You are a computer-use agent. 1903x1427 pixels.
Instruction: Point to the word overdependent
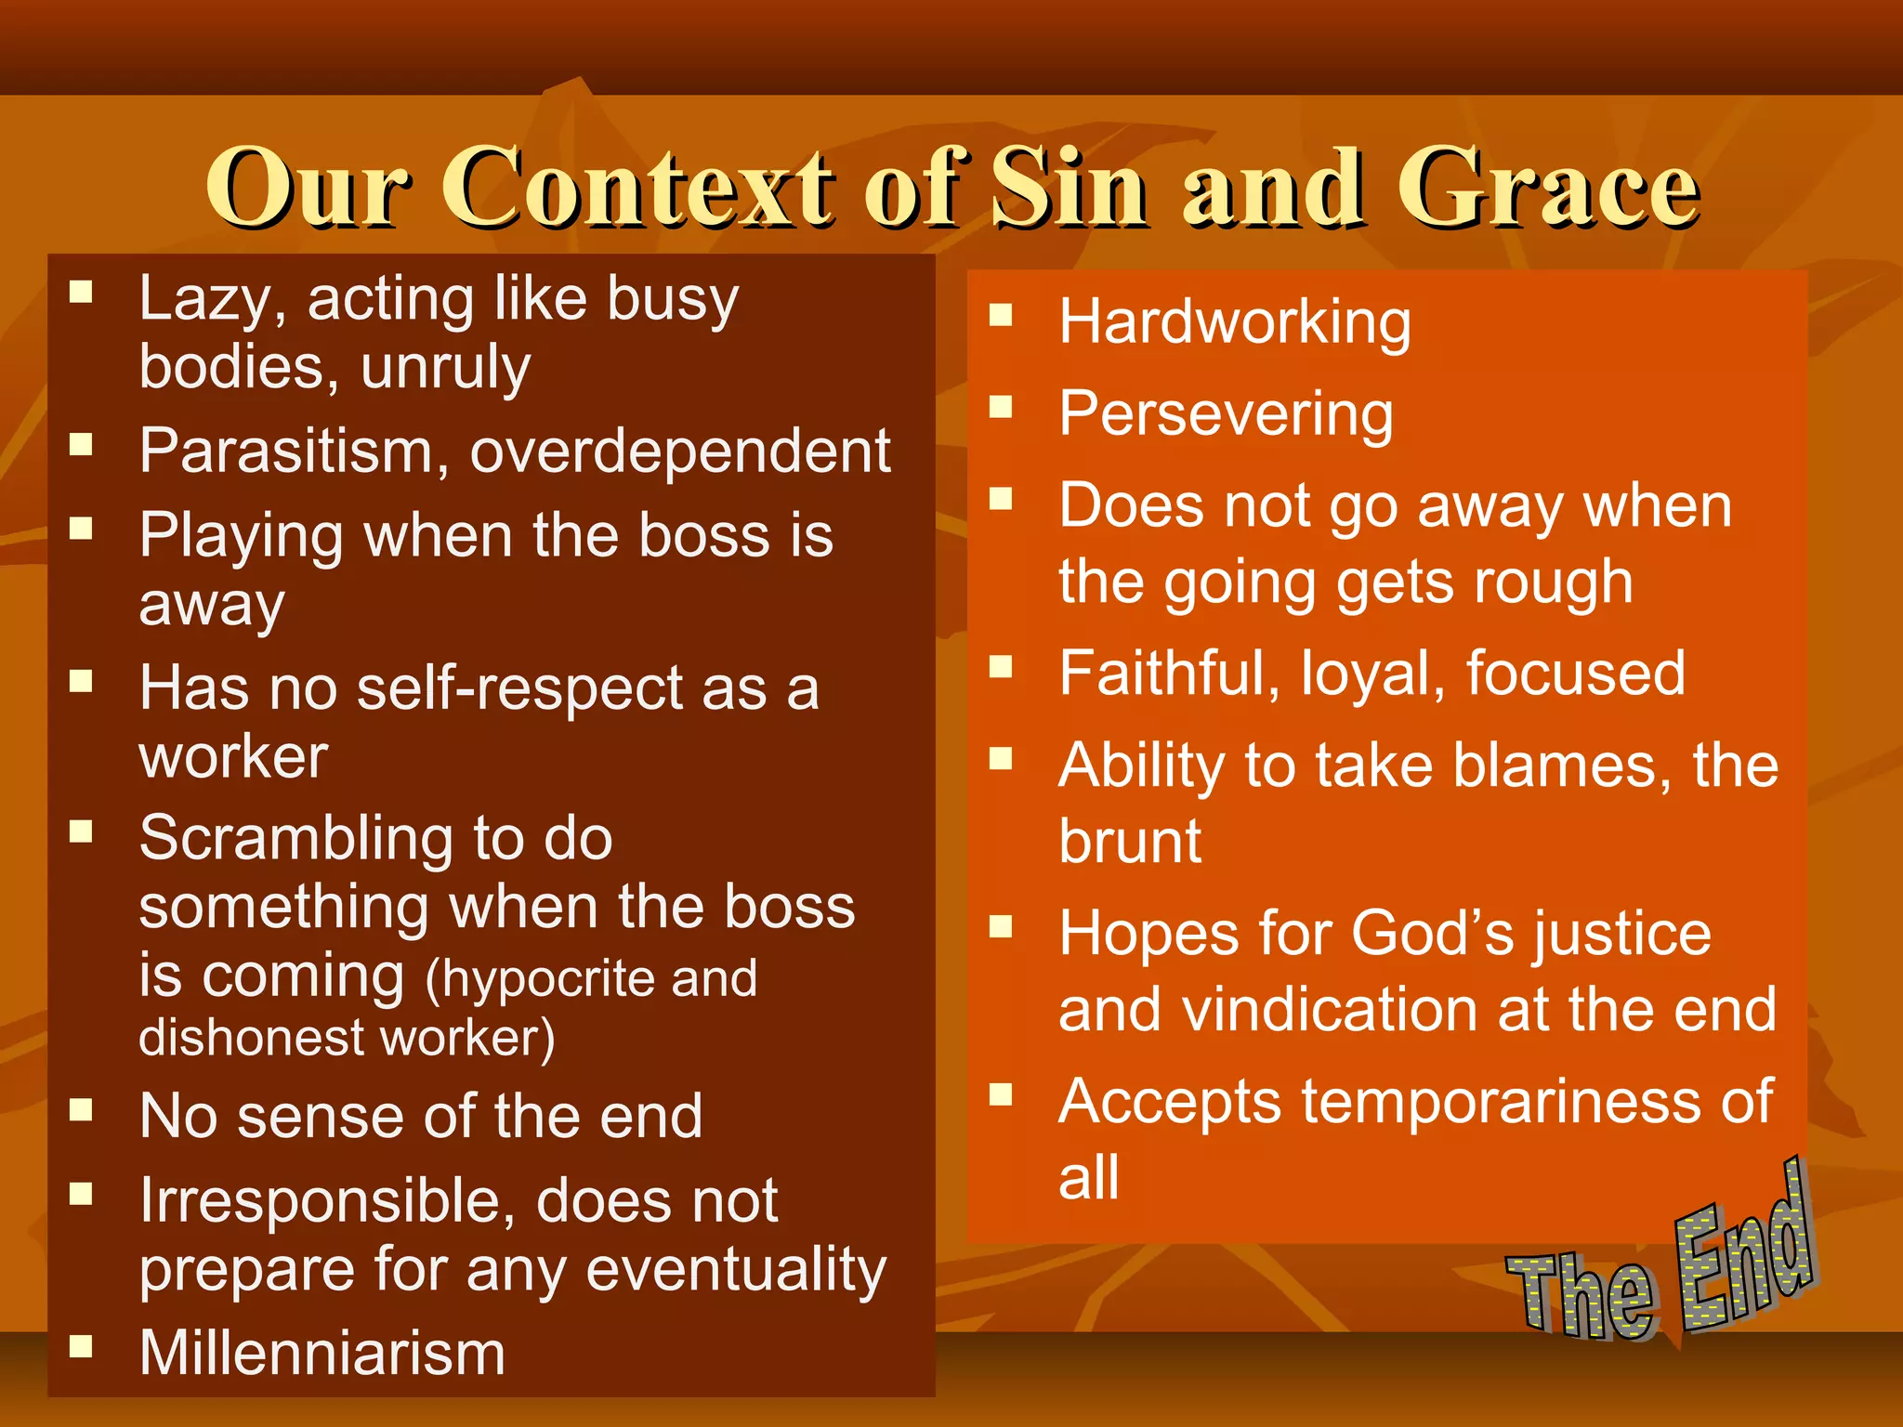tap(680, 452)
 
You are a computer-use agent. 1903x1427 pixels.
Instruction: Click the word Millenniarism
tap(322, 1353)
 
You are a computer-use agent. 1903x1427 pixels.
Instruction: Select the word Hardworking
tap(1234, 322)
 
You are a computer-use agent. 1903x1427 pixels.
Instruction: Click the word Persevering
tap(1226, 414)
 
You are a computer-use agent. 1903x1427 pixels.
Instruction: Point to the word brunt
tap(1129, 842)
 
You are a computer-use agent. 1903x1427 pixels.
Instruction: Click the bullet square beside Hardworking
tap(1000, 315)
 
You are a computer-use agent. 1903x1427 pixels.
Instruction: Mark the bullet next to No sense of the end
tap(82, 1108)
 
